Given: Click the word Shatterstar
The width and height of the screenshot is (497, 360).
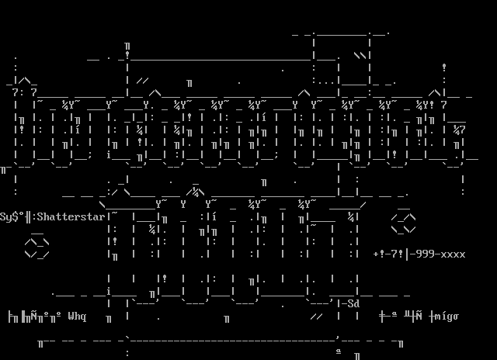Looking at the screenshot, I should (71, 217).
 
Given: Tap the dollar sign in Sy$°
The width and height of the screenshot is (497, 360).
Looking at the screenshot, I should (16, 217).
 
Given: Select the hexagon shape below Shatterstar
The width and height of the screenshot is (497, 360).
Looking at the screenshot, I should (36, 247).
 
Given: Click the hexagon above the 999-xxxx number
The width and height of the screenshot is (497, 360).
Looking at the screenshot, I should (404, 223).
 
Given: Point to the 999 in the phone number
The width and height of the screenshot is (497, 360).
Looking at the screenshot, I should (425, 254).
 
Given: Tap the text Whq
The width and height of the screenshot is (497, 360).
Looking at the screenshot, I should (77, 317).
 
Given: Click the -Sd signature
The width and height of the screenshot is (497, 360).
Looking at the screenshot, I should (350, 303).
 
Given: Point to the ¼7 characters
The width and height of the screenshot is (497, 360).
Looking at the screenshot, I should (459, 130).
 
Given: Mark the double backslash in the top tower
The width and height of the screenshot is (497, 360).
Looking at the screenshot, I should (362, 56).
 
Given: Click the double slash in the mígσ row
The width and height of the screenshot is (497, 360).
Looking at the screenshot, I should (317, 317).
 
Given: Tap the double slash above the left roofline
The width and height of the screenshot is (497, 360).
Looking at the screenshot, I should (143, 81).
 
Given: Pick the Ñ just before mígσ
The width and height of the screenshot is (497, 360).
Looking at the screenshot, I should (419, 317).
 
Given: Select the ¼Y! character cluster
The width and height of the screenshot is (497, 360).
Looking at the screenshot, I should (425, 106).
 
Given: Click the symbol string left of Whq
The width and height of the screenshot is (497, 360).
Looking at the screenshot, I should (34, 317).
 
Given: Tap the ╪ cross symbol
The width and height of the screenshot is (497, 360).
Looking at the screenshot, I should (382, 317).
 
